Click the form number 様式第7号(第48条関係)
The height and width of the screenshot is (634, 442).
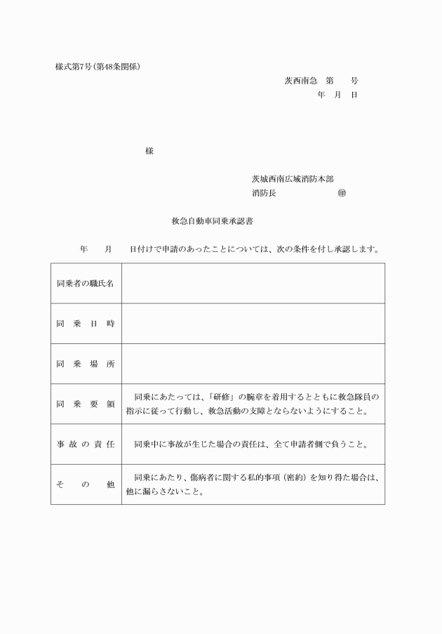[98, 67]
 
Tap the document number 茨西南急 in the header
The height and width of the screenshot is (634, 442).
[300, 81]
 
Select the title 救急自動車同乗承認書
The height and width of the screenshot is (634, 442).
[213, 220]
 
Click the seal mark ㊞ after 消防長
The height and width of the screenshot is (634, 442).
[342, 192]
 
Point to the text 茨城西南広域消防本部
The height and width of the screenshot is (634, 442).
[293, 179]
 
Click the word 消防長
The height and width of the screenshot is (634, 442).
[264, 192]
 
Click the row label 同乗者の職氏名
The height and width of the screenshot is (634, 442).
[86, 284]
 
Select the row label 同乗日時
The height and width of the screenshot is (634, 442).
[86, 324]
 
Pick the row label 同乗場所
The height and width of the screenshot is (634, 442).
[86, 364]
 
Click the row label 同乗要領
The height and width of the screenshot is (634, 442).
[86, 404]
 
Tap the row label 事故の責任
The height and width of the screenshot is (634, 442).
[86, 444]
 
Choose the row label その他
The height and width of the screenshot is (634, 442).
[86, 484]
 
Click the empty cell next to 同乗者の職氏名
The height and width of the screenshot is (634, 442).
[253, 284]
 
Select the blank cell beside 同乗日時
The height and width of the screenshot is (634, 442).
[253, 324]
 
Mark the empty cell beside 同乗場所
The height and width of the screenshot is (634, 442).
[253, 364]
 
